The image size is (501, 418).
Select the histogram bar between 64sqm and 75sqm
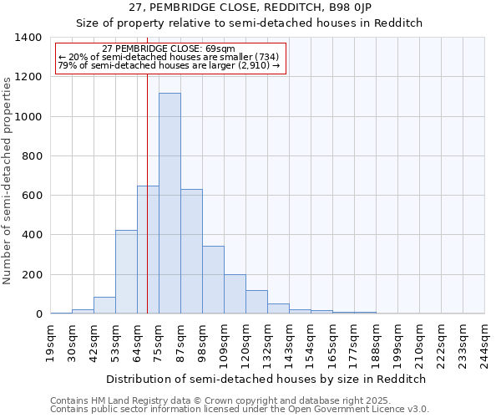148,250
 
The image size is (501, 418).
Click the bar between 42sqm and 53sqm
104,305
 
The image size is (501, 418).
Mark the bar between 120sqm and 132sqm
256,302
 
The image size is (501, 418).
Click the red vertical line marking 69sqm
147,167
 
